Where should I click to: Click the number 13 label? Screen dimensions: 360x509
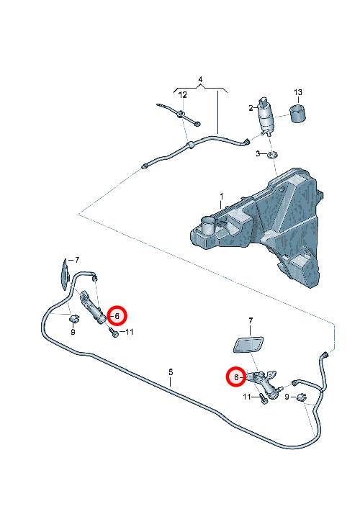[x=297, y=93]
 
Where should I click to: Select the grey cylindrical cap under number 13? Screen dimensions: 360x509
[x=298, y=113]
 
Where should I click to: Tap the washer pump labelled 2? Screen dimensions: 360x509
[x=266, y=116]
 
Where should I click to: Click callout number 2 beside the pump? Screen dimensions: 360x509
[x=251, y=108]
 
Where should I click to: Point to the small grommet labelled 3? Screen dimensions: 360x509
[x=272, y=155]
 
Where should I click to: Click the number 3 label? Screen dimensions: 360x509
[x=258, y=153]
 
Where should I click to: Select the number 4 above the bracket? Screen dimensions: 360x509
[x=200, y=79]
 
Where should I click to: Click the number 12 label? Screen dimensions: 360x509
[x=183, y=95]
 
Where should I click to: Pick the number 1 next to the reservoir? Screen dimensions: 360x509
[x=221, y=197]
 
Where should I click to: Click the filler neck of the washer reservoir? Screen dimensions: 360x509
[x=208, y=225]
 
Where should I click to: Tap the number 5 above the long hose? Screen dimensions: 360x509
[x=171, y=372]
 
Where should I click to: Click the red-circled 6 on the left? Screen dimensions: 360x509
[x=117, y=316]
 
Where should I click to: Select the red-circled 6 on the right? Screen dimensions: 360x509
[x=236, y=377]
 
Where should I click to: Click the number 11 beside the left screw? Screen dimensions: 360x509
[x=129, y=332]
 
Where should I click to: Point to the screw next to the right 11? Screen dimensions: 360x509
[x=264, y=399]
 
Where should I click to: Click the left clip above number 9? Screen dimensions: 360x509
[x=74, y=319]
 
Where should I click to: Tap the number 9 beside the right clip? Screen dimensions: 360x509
[x=287, y=397]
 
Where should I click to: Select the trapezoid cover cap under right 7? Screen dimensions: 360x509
[x=248, y=345]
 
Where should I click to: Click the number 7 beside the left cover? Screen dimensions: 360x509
[x=76, y=260]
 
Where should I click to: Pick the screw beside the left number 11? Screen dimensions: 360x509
[x=113, y=333]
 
